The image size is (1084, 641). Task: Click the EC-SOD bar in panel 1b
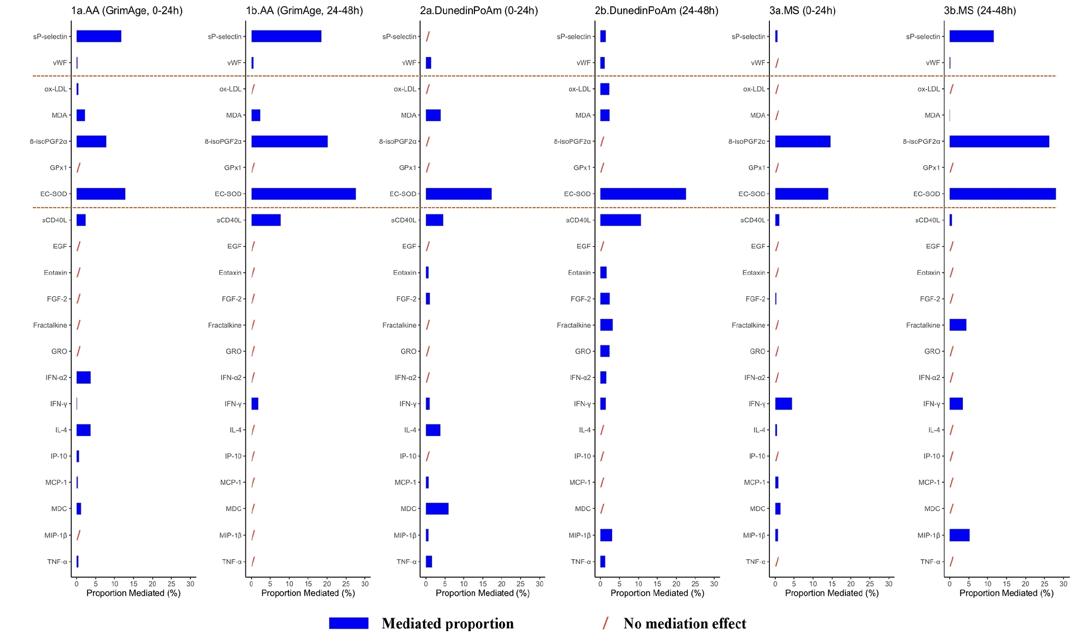coord(303,194)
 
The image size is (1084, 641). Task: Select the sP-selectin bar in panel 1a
coord(99,36)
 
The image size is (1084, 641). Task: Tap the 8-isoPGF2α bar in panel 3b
coord(999,141)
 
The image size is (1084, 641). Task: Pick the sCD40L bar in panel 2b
coord(620,220)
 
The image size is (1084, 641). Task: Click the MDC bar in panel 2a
coord(437,508)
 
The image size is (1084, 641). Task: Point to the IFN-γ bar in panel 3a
coord(783,404)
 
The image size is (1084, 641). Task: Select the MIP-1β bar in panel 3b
coord(959,535)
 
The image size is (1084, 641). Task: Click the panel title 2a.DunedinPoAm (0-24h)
coord(479,10)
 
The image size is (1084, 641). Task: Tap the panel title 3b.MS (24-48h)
coord(979,10)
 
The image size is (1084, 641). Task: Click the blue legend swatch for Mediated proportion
coord(349,623)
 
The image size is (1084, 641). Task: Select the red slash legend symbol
coord(605,623)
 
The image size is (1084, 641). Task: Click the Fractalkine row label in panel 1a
coord(50,325)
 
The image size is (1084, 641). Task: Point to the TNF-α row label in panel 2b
coord(581,561)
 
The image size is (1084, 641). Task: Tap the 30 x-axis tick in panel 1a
coord(190,584)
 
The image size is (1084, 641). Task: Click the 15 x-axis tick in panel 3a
coord(832,584)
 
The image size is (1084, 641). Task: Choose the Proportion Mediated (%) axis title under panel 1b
coord(308,593)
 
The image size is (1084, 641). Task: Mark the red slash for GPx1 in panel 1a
coord(79,168)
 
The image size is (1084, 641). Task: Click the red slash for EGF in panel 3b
coord(952,246)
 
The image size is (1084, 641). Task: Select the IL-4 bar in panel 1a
coord(83,430)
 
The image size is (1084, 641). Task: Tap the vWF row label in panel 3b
coord(933,63)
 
